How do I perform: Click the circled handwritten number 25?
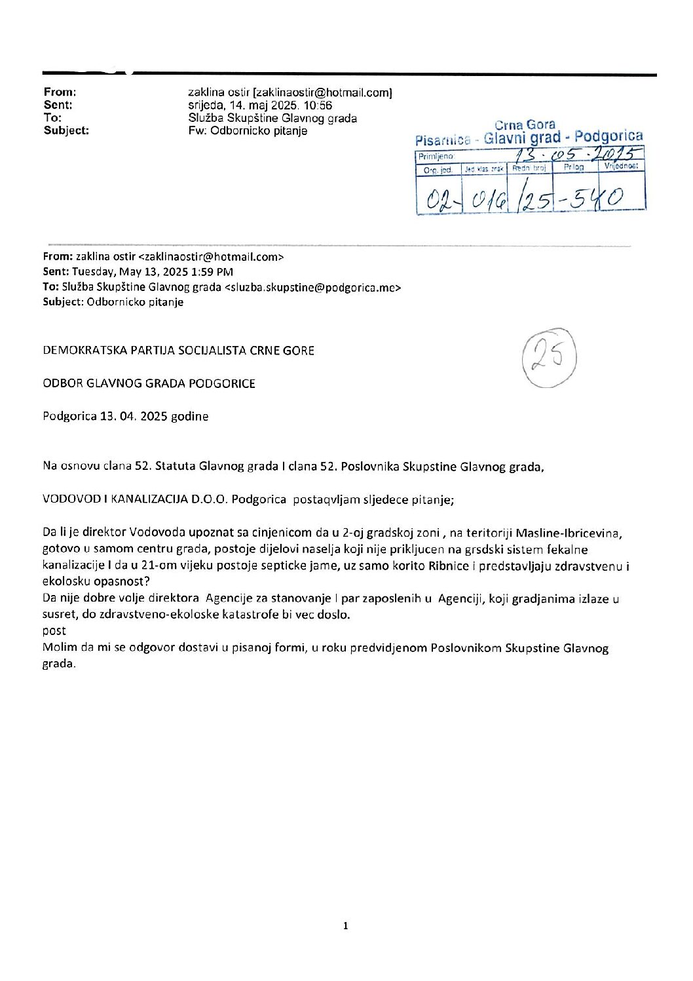[549, 357]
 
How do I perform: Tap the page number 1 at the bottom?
[346, 925]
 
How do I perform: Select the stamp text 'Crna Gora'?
[525, 125]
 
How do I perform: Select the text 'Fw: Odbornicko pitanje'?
[248, 130]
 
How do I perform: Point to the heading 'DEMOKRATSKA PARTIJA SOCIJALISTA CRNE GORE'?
[178, 351]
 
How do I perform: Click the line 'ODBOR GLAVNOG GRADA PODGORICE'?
[149, 383]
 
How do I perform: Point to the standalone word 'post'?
[54, 630]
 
